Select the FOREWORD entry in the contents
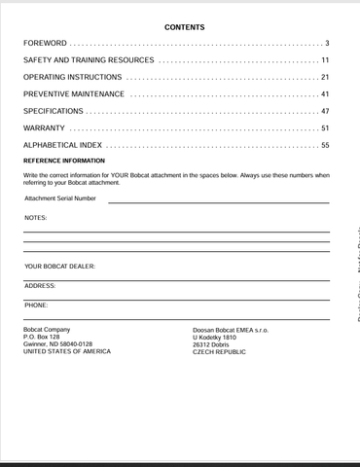pyautogui.click(x=46, y=44)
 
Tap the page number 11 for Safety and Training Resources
pyautogui.click(x=324, y=60)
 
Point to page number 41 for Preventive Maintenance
pyautogui.click(x=324, y=94)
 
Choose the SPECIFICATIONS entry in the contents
pyautogui.click(x=54, y=112)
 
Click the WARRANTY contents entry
pyautogui.click(x=45, y=128)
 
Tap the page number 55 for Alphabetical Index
pyautogui.click(x=324, y=145)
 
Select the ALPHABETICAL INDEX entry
pyautogui.click(x=63, y=145)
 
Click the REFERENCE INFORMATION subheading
pyautogui.click(x=64, y=161)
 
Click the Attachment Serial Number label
pyautogui.click(x=60, y=198)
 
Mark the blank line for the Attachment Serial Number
pyautogui.click(x=218, y=202)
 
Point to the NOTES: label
pyautogui.click(x=35, y=218)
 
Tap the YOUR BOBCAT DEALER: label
pyautogui.click(x=60, y=266)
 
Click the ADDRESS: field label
pyautogui.click(x=40, y=285)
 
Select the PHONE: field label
pyautogui.click(x=37, y=305)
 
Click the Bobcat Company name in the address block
pyautogui.click(x=47, y=330)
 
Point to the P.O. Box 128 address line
pyautogui.click(x=42, y=337)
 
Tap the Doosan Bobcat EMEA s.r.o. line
pyautogui.click(x=231, y=330)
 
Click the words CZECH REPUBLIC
pyautogui.click(x=220, y=351)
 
